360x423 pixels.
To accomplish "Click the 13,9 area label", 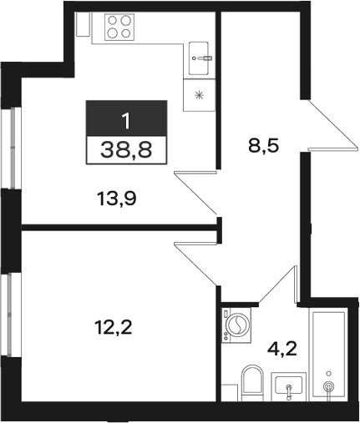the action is (117, 199).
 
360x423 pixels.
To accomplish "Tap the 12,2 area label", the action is (113, 327).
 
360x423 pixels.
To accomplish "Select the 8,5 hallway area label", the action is (263, 146).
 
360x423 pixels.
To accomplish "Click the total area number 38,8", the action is (126, 149).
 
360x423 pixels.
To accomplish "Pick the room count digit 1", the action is (126, 121).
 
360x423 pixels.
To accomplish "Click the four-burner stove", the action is (119, 28).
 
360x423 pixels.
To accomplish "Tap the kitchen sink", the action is (199, 58).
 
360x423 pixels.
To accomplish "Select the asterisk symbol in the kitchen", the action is (199, 96).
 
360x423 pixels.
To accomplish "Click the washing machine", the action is (236, 325).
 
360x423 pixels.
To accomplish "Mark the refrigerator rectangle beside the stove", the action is (84, 24).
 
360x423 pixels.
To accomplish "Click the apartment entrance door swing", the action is (333, 125).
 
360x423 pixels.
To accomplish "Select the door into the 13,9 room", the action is (195, 193).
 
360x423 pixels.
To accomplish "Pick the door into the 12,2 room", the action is (195, 264).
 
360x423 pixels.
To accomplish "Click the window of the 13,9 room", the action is (11, 148).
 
